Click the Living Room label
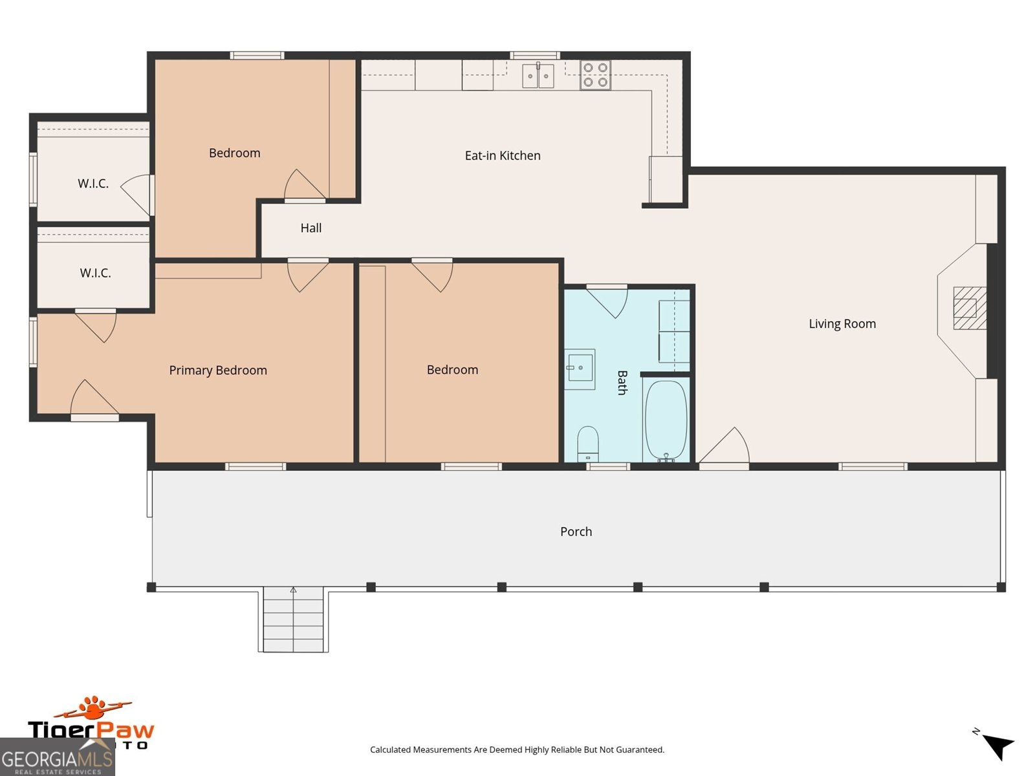point(842,324)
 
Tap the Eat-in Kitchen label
point(503,156)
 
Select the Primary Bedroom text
point(218,371)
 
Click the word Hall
point(310,228)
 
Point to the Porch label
point(576,532)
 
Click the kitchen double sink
point(538,76)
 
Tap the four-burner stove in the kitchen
point(595,75)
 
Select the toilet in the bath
point(587,442)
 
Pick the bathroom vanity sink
point(580,369)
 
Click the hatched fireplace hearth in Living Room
point(969,308)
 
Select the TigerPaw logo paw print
point(95,708)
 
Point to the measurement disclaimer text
point(517,750)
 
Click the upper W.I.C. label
point(93,184)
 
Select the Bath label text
point(622,382)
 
